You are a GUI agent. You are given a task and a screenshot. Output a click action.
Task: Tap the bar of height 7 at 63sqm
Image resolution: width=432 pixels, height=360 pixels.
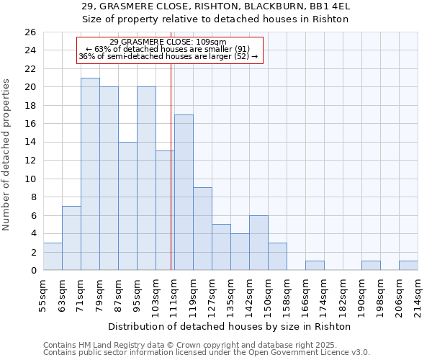click(x=71, y=238)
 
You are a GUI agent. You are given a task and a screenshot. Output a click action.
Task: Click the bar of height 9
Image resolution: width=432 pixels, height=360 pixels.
click(x=202, y=229)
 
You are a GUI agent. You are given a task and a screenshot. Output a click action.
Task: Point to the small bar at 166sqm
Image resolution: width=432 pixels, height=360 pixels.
click(x=315, y=266)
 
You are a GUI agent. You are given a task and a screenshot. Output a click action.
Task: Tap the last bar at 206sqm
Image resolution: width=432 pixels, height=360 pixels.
click(x=408, y=266)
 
